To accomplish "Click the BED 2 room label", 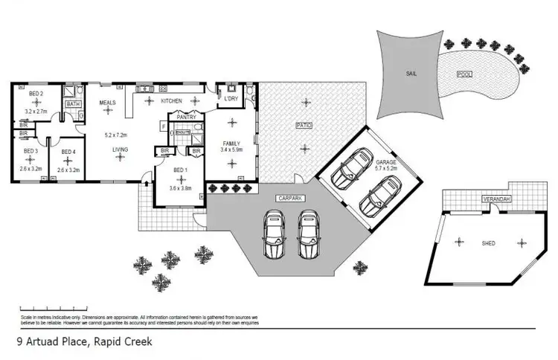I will pos(36,94).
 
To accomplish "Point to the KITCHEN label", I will pos(172,100).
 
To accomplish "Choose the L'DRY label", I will pos(230,98).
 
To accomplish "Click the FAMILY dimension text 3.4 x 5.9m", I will pos(233,150).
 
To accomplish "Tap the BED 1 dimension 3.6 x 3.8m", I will pos(179,188).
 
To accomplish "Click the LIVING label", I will pos(121,150).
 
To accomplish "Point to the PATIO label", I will pos(303,126).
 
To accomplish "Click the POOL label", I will pos(464,74).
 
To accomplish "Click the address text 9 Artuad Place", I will pos(51,341).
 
